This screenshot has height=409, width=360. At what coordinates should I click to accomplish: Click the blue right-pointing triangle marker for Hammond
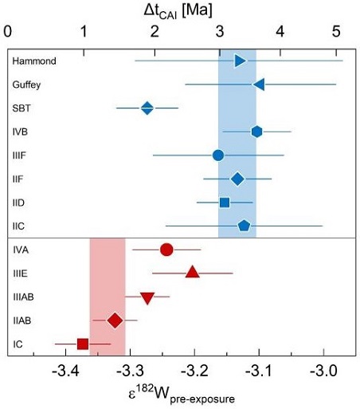coord(241,61)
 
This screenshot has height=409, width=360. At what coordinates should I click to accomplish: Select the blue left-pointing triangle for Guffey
coord(258,84)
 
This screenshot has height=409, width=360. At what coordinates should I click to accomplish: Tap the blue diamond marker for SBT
coord(147,108)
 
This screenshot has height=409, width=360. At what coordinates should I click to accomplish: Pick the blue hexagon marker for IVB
coord(256,131)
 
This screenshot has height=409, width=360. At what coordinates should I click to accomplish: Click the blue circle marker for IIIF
coord(218,155)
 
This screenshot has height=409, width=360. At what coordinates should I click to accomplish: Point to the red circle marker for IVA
coord(166,250)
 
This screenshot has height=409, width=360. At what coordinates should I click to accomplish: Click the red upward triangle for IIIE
coord(192,273)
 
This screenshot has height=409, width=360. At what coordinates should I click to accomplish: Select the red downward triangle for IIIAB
coord(147,297)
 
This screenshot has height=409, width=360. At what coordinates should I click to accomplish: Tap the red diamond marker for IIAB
coord(115,321)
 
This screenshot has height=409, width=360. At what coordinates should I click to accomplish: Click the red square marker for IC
coord(83,344)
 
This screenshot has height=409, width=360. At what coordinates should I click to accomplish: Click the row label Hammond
coord(29,61)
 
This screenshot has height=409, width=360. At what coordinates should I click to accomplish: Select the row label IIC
coord(20,226)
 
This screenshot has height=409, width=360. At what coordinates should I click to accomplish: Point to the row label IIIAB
coord(24,297)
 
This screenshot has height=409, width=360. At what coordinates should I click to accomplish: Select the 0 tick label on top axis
coord(8,33)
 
